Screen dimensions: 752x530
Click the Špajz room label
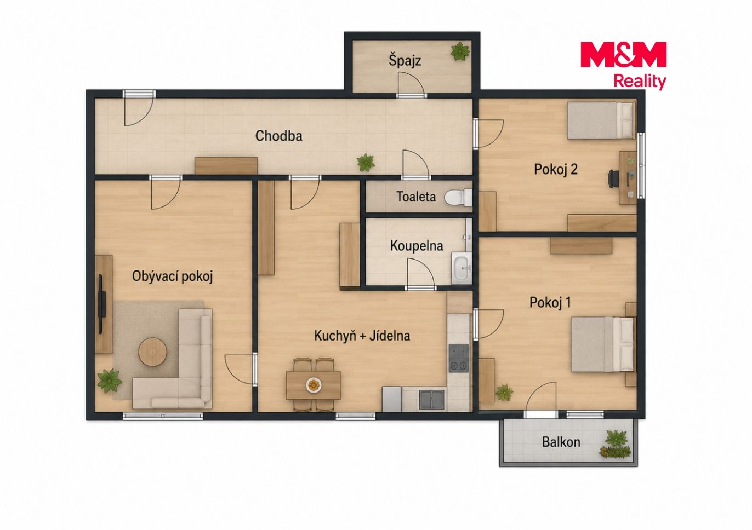405,61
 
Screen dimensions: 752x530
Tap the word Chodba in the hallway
278,136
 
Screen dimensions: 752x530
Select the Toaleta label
417,197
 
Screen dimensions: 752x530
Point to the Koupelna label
417,246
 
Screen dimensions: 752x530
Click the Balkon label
561,442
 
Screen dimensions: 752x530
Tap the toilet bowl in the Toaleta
458,197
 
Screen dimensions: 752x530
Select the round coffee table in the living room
153,352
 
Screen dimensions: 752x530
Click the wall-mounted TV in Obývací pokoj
102,304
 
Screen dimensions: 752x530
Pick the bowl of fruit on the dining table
314,384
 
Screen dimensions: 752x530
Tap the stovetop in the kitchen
459,358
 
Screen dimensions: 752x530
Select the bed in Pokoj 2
601,120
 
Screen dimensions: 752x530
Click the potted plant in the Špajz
460,51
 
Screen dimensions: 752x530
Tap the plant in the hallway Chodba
366,163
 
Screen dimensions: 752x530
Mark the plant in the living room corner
109,381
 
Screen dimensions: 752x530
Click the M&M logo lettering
623,54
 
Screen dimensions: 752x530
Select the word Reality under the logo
640,82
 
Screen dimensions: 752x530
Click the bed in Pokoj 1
603,344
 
